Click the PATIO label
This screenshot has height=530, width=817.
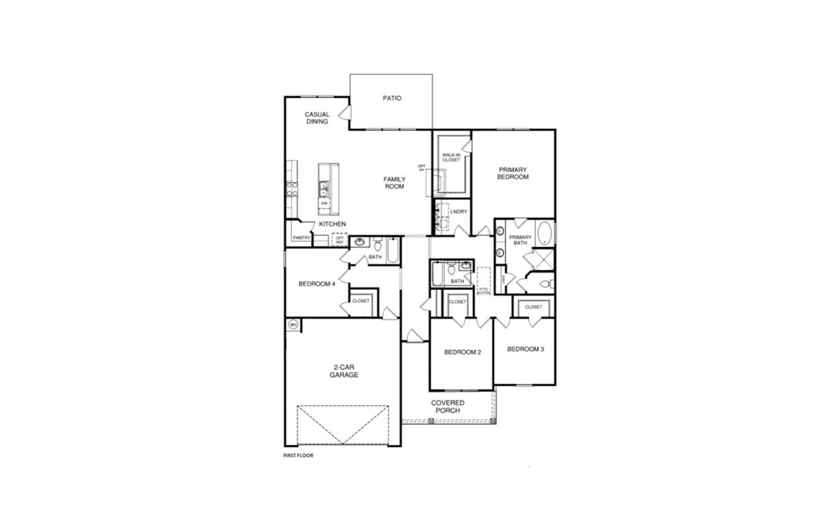[x=391, y=98]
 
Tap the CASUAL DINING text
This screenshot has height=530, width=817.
[x=317, y=118]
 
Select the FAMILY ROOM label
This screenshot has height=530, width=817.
[x=394, y=183]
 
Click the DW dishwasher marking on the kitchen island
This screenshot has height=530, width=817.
[x=324, y=203]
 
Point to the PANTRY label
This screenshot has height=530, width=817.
[x=301, y=238]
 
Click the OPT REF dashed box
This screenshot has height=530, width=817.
[x=340, y=240]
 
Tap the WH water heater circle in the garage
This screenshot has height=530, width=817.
[x=294, y=324]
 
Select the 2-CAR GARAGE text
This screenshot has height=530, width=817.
[x=343, y=371]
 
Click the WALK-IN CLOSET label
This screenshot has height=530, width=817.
[x=451, y=157]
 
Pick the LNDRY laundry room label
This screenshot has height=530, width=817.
[x=458, y=211]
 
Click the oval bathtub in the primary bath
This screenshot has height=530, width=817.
[x=544, y=234]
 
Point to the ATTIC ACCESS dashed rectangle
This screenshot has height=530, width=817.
[x=483, y=281]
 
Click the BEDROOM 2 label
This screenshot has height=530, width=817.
[x=462, y=352]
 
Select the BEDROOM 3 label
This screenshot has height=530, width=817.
[x=525, y=349]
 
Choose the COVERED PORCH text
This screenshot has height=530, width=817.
[x=447, y=406]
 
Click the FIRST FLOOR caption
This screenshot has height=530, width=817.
[x=299, y=456]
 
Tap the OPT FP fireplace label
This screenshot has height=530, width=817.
[x=421, y=169]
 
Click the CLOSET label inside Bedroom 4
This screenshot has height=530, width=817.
[x=361, y=301]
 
